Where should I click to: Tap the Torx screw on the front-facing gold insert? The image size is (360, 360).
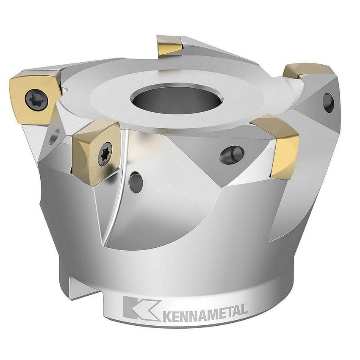point(105,153)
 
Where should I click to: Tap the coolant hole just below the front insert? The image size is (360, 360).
point(136,182)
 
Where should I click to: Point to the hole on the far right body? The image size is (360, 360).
point(328,102)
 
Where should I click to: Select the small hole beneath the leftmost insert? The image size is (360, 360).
point(54,136)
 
